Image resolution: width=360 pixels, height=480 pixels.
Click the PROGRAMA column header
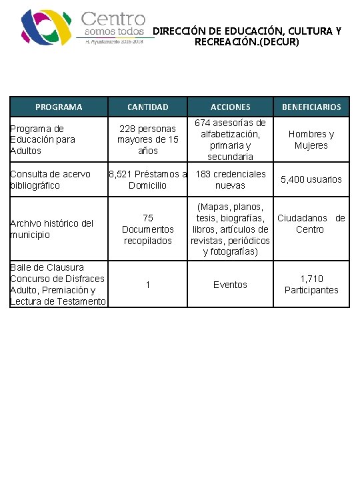point(59,107)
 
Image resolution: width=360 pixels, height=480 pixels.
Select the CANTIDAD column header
point(148,107)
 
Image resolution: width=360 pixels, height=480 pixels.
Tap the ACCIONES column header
point(231,107)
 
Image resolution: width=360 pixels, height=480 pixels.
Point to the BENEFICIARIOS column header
point(311,107)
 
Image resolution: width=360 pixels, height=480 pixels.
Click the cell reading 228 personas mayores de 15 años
point(148,139)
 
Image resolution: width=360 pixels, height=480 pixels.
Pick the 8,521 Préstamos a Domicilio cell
point(148,179)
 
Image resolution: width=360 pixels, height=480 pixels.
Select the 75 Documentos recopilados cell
point(148,229)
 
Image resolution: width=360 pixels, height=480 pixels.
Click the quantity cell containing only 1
point(148,285)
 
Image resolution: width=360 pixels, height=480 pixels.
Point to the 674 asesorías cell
point(231,139)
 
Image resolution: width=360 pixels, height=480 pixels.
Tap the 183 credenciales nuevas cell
point(231,179)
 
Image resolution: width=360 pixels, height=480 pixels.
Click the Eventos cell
point(231,285)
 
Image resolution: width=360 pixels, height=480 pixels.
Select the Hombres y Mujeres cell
point(311,139)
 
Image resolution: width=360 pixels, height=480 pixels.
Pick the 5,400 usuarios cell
point(311,179)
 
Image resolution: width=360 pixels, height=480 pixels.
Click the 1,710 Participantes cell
point(311,285)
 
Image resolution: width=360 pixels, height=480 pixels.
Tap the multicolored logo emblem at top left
point(45,27)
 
